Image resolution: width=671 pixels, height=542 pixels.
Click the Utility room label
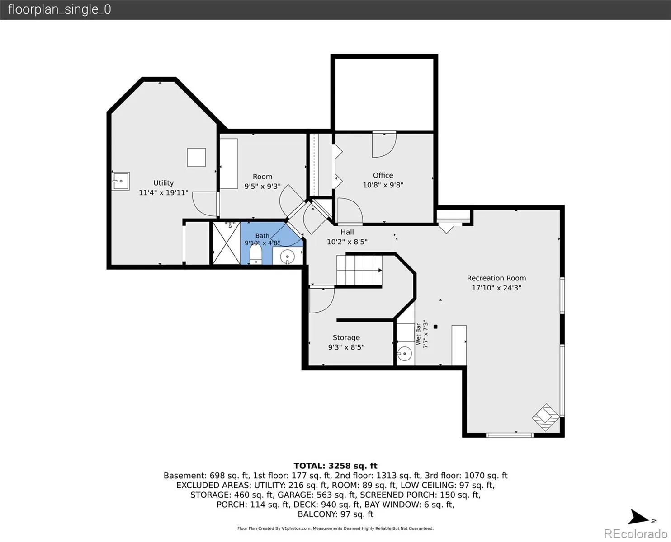163,183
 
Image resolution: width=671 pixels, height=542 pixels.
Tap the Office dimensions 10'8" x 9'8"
383,185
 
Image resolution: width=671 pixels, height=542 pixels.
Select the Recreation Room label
496,278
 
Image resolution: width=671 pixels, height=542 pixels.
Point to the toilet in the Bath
256,255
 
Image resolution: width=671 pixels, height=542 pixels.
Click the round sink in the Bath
287,257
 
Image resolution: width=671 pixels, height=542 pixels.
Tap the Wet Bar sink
405,354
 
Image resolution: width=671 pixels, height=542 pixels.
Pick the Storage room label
346,337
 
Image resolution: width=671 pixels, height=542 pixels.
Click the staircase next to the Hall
359,270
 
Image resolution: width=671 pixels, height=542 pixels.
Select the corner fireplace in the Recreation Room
546,417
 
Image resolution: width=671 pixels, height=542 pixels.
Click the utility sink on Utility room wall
121,181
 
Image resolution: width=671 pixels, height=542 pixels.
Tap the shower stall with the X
227,243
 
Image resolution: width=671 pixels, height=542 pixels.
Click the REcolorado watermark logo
635,534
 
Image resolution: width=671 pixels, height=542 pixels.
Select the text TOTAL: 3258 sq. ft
335,466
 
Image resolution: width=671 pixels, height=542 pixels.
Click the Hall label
347,232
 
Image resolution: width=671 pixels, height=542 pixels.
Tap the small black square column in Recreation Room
435,327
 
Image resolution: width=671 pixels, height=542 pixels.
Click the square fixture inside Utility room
196,157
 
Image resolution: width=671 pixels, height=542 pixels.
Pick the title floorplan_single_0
60,9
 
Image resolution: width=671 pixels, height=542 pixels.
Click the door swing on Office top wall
384,145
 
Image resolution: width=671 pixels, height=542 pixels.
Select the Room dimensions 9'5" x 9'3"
262,186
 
